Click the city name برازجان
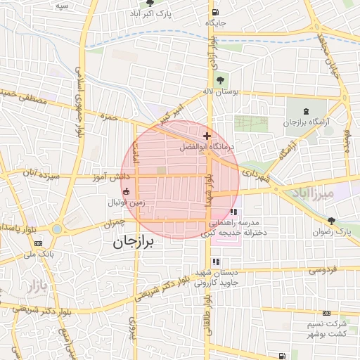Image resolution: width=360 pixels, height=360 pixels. tap(133, 243)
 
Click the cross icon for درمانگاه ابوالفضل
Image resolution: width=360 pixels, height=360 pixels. tap(207, 136)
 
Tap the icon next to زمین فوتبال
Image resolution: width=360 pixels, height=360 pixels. tap(126, 191)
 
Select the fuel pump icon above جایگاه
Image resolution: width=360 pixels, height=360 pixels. tap(215, 12)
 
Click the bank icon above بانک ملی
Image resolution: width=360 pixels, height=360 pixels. tap(38, 243)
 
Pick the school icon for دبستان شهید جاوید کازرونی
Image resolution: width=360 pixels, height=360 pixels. tap(214, 262)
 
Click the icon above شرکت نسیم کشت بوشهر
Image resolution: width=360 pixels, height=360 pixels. tap(326, 313)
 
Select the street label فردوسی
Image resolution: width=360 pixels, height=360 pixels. tap(323, 269)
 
